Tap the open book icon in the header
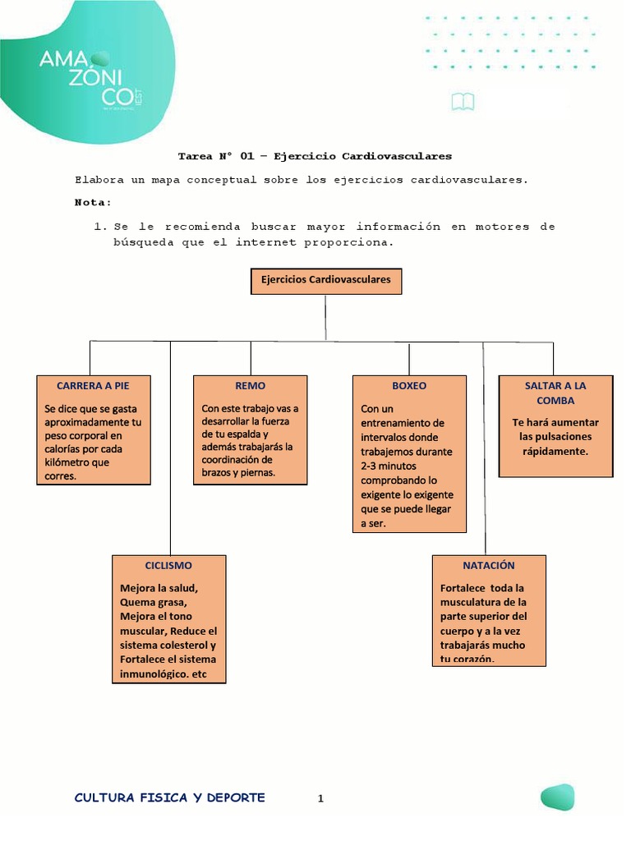pyautogui.click(x=463, y=102)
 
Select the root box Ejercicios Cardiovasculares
pyautogui.click(x=325, y=280)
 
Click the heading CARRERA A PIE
pyautogui.click(x=93, y=385)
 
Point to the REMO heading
pyautogui.click(x=250, y=385)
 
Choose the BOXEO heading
pyautogui.click(x=409, y=385)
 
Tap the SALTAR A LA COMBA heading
pyautogui.click(x=555, y=393)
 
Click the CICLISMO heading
pyautogui.click(x=168, y=565)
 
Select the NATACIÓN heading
pyautogui.click(x=489, y=565)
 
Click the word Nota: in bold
pyautogui.click(x=93, y=202)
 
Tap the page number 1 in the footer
pyautogui.click(x=321, y=797)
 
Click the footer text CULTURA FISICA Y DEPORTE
pyautogui.click(x=169, y=797)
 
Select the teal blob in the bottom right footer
pyautogui.click(x=557, y=797)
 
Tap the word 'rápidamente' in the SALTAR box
pyautogui.click(x=555, y=451)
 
